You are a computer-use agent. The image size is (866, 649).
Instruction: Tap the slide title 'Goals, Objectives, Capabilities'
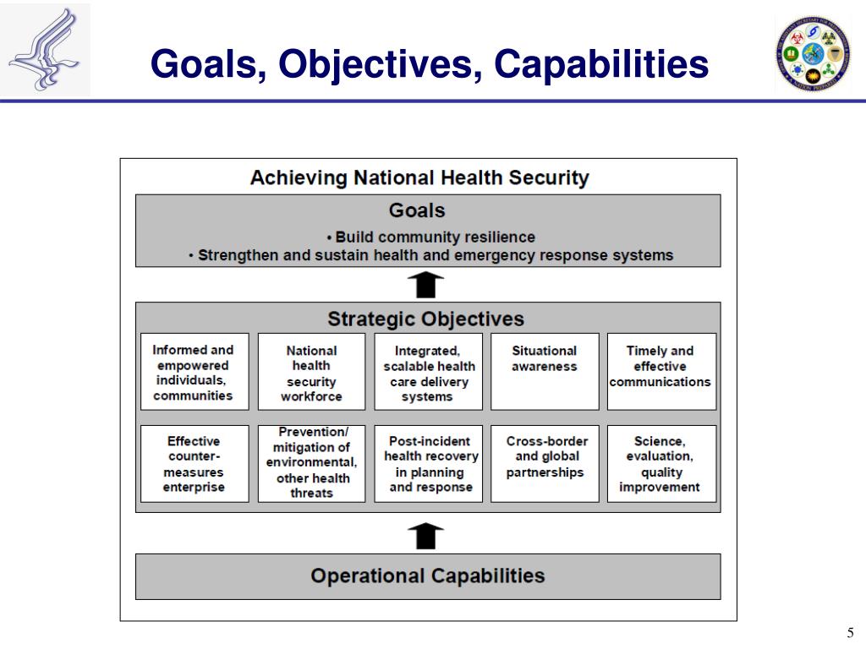430,64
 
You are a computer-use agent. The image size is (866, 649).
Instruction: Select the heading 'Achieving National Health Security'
419,178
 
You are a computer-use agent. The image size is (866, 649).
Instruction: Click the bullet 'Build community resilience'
430,237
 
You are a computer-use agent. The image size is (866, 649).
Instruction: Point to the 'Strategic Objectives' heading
425,319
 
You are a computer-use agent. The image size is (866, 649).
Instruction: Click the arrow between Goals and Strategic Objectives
426,285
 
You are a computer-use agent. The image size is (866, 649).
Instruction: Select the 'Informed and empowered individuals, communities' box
194,372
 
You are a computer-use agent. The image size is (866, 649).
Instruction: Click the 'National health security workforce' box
311,372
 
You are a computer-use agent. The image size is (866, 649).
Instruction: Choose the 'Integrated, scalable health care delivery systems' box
428,372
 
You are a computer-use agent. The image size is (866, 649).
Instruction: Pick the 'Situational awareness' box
545,372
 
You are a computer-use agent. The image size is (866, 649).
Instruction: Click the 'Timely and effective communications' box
660,372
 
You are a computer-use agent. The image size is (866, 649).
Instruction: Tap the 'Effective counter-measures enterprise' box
194,464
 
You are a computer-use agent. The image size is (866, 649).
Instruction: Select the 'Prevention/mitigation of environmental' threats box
311,463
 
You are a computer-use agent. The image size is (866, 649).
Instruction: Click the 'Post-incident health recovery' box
428,464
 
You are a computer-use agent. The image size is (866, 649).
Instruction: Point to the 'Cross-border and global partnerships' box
545,464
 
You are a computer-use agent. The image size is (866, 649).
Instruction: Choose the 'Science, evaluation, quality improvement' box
660,464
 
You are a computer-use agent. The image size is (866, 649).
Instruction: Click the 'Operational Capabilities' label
428,576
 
